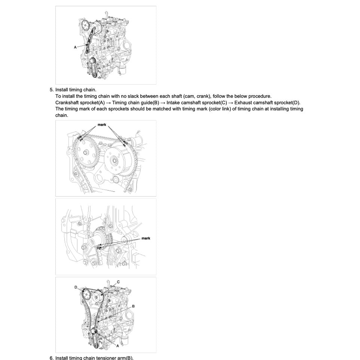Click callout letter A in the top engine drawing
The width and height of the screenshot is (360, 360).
pyautogui.click(x=75, y=47)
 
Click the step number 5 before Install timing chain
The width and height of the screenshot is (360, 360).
pyautogui.click(x=51, y=90)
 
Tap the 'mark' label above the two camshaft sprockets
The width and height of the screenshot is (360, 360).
pyautogui.click(x=102, y=124)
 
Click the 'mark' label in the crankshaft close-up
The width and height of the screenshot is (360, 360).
pyautogui.click(x=146, y=238)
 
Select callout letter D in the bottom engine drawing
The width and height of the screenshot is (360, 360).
pyautogui.click(x=76, y=287)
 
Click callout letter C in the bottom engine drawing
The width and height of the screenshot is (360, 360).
pyautogui.click(x=118, y=282)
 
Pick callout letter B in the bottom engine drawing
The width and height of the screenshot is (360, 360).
pyautogui.click(x=133, y=306)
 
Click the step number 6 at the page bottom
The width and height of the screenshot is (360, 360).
pyautogui.click(x=51, y=358)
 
